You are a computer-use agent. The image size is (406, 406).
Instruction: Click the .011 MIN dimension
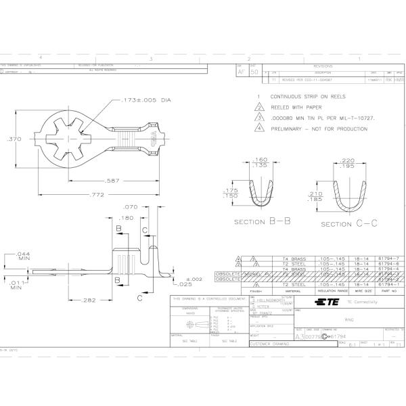pos(20,284)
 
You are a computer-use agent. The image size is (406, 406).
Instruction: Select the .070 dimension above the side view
pos(130,207)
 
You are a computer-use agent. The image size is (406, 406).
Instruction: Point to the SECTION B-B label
pos(263,222)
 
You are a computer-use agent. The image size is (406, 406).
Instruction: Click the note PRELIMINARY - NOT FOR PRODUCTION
pos(324,128)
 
